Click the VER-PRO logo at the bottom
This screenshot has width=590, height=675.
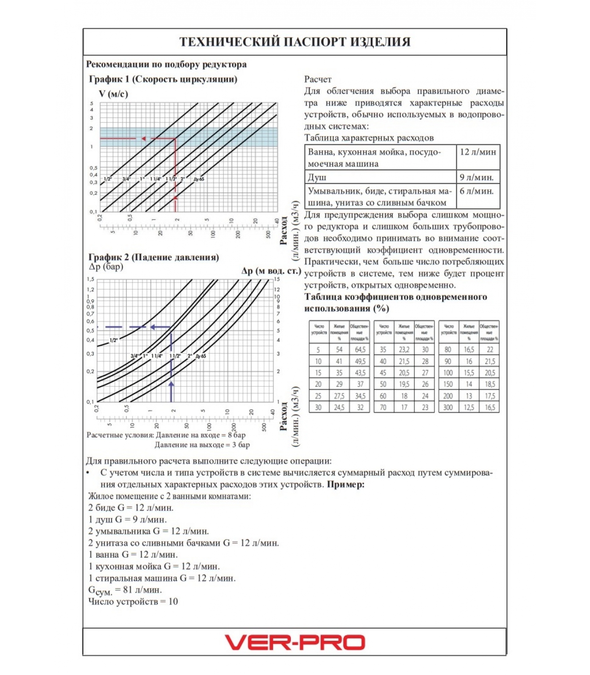[x=295, y=642]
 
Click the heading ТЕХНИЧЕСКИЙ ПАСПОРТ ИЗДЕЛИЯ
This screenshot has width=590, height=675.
[x=295, y=42]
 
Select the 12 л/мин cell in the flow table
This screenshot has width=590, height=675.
[x=477, y=152]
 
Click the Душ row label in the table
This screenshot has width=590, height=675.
[x=317, y=177]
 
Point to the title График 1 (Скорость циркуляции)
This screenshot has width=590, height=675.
[x=163, y=79]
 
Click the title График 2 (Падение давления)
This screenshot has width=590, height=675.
[x=154, y=257]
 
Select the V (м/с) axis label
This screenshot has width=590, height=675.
[x=113, y=94]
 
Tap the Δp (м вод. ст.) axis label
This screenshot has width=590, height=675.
[x=271, y=271]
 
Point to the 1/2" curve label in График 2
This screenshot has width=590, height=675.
[x=113, y=340]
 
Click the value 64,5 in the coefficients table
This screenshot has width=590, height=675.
[x=360, y=350]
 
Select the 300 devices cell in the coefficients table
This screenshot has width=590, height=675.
[x=448, y=408]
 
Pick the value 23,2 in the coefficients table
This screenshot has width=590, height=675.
[x=404, y=350]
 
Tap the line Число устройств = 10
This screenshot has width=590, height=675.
[x=133, y=602]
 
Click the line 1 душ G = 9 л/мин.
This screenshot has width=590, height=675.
[x=128, y=519]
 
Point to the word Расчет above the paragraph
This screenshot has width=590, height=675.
[x=318, y=79]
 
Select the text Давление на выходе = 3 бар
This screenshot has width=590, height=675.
[x=202, y=445]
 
